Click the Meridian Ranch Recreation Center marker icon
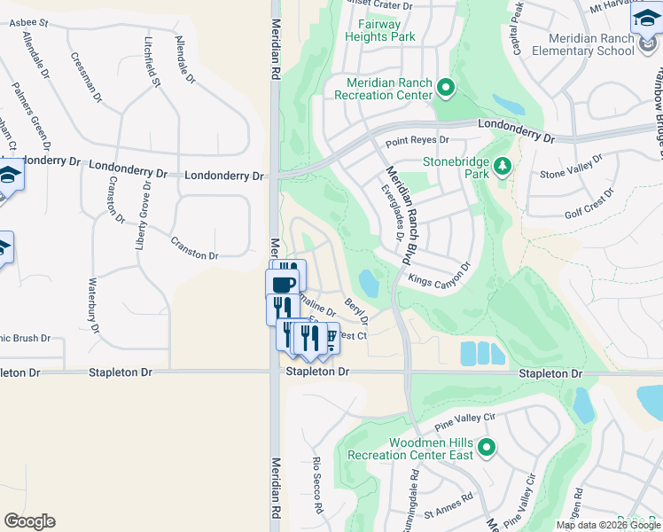[446, 88]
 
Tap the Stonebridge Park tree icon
[502, 166]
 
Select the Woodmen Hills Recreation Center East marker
[486, 448]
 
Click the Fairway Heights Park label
[381, 31]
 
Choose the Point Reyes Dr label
[417, 141]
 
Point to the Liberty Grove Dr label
[141, 217]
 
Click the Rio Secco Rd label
[316, 487]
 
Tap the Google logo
[29, 521]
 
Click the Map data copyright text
[609, 525]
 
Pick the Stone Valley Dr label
[571, 166]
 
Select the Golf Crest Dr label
[589, 204]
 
